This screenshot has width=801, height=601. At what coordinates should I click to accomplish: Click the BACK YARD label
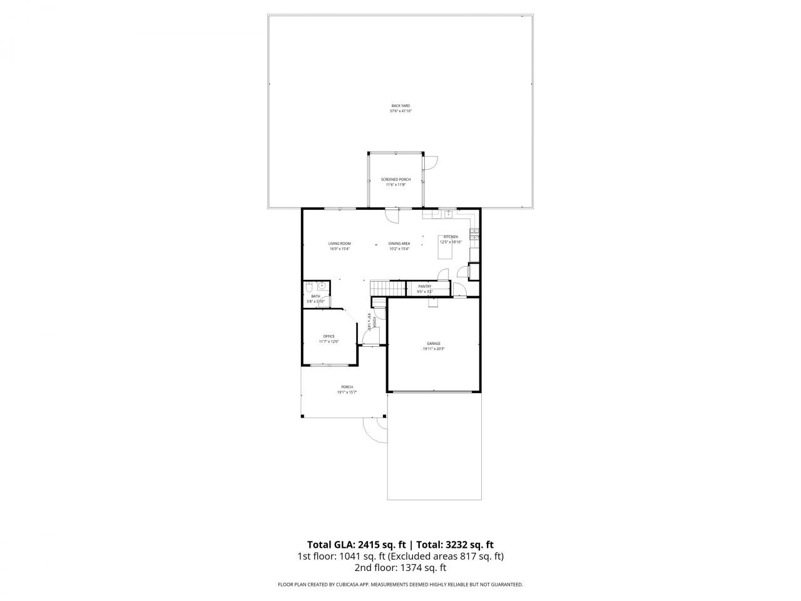point(400,106)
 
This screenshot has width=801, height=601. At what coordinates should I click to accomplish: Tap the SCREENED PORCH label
point(395,180)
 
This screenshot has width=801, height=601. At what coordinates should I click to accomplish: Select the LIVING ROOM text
point(339,244)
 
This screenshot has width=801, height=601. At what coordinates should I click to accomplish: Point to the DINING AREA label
point(399,244)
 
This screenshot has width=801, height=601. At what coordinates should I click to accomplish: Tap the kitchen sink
point(448,215)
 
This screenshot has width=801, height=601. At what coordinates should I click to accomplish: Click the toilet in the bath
point(309,287)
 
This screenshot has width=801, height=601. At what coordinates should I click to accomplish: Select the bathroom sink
point(321,286)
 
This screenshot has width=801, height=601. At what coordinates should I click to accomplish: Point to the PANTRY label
point(425,286)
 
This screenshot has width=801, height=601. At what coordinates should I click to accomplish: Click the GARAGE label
point(433,344)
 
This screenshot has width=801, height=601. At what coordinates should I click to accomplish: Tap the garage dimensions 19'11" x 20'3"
point(433,349)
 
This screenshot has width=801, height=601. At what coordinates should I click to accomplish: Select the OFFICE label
point(329,336)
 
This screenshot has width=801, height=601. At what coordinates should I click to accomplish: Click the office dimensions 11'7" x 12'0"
point(329,342)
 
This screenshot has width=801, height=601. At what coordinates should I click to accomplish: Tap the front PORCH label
point(347,387)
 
